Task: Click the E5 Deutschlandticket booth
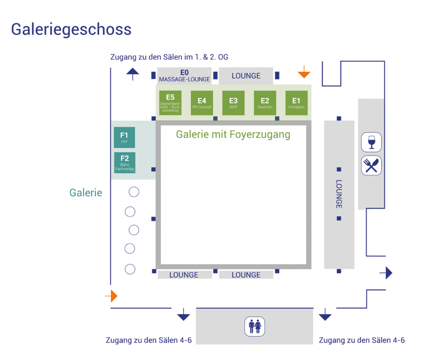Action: tap(170, 103)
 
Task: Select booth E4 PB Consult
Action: tap(202, 103)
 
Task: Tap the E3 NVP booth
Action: tap(233, 103)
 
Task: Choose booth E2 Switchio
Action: tap(265, 103)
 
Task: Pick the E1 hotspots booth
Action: tap(296, 103)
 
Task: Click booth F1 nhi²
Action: tap(124, 137)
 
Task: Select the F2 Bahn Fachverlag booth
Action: tap(124, 163)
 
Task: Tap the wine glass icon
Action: tap(372, 142)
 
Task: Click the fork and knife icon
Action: tap(372, 166)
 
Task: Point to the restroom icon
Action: tap(255, 327)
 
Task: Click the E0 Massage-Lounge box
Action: tap(184, 76)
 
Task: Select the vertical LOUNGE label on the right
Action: tap(339, 194)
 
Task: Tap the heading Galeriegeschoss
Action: tap(71, 29)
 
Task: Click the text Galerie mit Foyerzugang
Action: tap(233, 134)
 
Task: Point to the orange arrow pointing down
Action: tap(304, 74)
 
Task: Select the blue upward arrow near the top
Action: tap(132, 74)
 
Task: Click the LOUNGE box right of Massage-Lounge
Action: tap(246, 76)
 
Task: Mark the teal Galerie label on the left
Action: tap(85, 193)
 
